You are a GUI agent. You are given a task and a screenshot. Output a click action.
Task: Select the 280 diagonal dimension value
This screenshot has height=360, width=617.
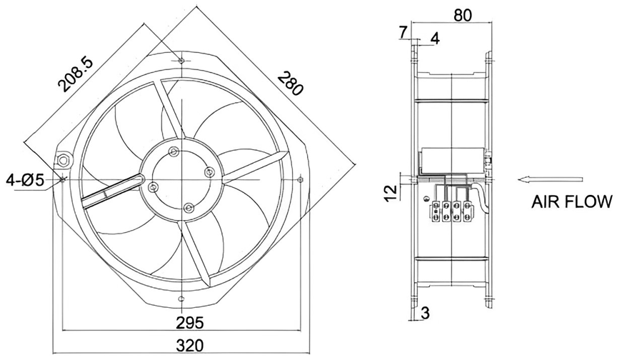291,83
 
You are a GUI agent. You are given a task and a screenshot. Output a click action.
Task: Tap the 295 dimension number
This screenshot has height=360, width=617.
190,322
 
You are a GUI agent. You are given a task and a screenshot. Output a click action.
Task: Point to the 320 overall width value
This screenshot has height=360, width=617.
190,346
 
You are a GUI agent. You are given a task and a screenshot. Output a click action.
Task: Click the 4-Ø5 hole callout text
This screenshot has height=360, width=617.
24,181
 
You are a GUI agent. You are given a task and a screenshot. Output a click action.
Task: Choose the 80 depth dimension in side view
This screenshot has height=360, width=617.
462,15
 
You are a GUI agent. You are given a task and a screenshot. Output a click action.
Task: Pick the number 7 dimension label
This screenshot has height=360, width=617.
401,33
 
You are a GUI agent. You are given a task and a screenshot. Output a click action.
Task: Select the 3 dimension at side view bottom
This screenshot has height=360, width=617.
426,313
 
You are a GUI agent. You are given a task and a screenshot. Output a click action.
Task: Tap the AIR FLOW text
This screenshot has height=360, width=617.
572,201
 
